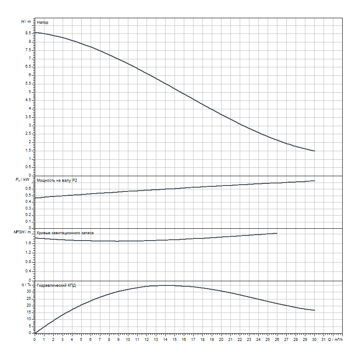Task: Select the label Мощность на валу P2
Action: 57,180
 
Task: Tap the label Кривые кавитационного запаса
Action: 66,233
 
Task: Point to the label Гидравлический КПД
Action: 56,285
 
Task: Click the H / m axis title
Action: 26,21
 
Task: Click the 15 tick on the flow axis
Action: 174,340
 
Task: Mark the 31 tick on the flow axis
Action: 323,340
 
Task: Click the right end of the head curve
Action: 314,151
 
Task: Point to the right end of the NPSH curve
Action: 277,233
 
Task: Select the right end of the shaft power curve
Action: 314,181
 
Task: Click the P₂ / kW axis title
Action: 23,180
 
